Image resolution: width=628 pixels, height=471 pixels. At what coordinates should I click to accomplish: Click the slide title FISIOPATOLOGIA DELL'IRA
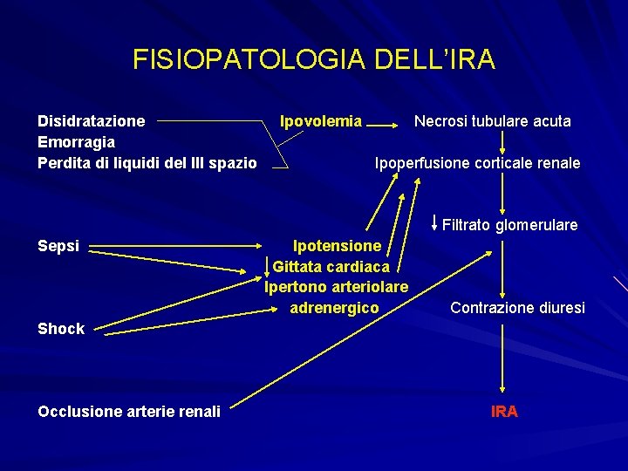click(314, 59)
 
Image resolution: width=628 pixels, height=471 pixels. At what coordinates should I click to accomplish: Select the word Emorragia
click(77, 142)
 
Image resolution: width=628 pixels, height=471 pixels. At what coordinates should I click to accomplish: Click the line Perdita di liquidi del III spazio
click(147, 163)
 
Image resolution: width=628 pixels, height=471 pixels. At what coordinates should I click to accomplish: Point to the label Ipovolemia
click(320, 121)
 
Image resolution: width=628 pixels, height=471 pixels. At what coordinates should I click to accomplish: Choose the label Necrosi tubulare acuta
click(492, 121)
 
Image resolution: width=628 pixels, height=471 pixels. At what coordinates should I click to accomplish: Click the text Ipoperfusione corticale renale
click(477, 163)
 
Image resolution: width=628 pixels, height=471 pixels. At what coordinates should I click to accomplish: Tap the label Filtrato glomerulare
click(509, 226)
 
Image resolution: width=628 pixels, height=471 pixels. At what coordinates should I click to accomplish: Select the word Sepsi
click(58, 246)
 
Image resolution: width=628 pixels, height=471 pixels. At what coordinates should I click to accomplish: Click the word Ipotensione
click(337, 246)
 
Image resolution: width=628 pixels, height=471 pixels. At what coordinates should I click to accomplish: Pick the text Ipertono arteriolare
click(337, 286)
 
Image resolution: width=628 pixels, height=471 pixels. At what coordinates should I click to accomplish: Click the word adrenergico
click(335, 308)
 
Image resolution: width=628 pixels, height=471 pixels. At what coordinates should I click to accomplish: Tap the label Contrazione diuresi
click(517, 308)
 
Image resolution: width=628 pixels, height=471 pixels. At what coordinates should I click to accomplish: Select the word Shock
click(61, 329)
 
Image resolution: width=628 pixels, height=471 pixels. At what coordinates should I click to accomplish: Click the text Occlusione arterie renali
click(129, 411)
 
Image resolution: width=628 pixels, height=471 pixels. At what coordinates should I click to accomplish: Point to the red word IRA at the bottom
click(504, 411)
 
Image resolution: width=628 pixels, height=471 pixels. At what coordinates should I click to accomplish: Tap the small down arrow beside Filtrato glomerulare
click(435, 222)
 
